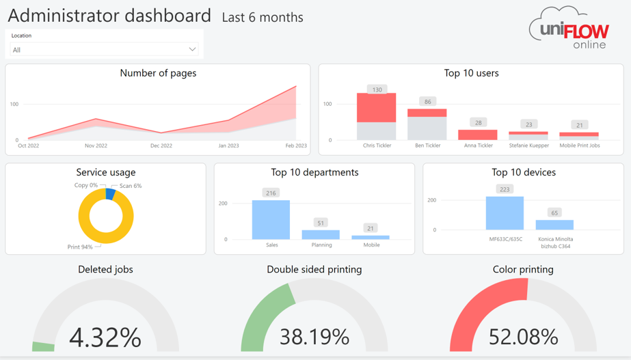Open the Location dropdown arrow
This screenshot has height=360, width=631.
pos(192,49)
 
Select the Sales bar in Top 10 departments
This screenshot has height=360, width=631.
pos(271,219)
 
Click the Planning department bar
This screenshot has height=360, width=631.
pos(321,234)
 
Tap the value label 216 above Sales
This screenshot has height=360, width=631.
pos(271,193)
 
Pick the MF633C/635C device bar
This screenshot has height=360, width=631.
pos(505,213)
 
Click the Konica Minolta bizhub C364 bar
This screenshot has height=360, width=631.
pos(554,225)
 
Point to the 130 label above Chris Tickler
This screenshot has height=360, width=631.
pos(377,89)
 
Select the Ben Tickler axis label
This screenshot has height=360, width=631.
pos(428,146)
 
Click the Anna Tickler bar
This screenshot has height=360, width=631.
pos(478,135)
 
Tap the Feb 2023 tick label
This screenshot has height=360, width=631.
pos(296,146)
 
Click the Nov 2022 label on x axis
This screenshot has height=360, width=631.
pos(96,146)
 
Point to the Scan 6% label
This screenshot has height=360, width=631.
pos(131,186)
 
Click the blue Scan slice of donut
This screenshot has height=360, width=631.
pos(110,194)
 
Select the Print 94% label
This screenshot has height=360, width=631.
pos(80,247)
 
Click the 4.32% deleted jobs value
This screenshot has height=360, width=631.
pos(105,337)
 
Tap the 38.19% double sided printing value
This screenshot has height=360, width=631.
pos(314,337)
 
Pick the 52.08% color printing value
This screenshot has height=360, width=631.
pos(523,337)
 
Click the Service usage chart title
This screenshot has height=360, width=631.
pos(105,172)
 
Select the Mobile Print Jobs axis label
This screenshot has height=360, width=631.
pos(579,146)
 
